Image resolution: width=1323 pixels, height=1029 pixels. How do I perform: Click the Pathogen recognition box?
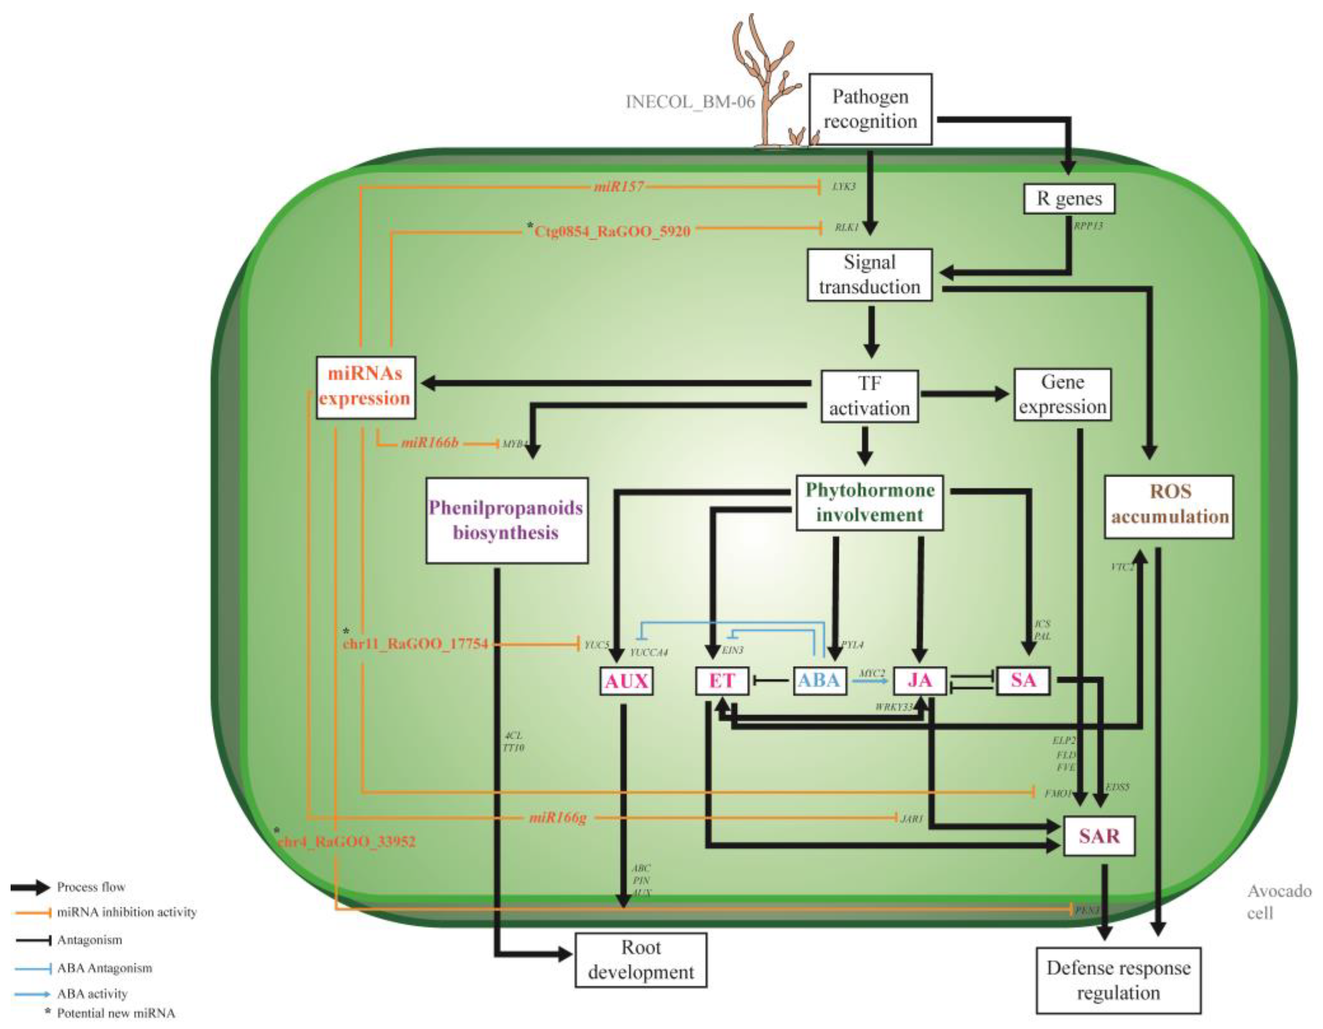(x=870, y=109)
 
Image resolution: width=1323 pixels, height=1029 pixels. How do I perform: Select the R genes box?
(x=1069, y=199)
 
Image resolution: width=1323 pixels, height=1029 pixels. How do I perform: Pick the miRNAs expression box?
(x=365, y=387)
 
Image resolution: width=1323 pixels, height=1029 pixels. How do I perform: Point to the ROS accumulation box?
(x=1168, y=506)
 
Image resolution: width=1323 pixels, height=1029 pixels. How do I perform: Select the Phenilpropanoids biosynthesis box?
(x=506, y=520)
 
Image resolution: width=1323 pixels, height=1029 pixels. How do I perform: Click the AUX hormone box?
(x=626, y=681)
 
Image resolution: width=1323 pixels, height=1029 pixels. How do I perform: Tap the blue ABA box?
(x=819, y=680)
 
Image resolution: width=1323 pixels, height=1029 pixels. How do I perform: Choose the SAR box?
(x=1099, y=836)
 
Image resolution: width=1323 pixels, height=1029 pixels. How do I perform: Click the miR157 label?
(x=619, y=186)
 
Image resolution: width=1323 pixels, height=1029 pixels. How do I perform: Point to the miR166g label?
(x=558, y=818)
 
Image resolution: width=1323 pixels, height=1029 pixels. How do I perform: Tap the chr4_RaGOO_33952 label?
(x=347, y=842)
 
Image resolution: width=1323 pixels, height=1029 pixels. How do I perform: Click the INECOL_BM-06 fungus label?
(x=690, y=101)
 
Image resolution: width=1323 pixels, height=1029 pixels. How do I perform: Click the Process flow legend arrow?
(x=30, y=887)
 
